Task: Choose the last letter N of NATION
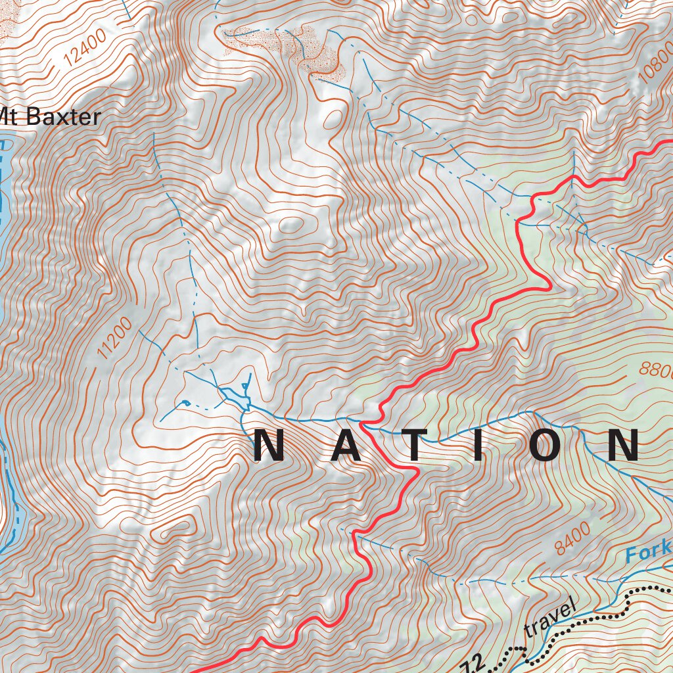point(622,446)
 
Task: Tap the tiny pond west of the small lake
point(185,402)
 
